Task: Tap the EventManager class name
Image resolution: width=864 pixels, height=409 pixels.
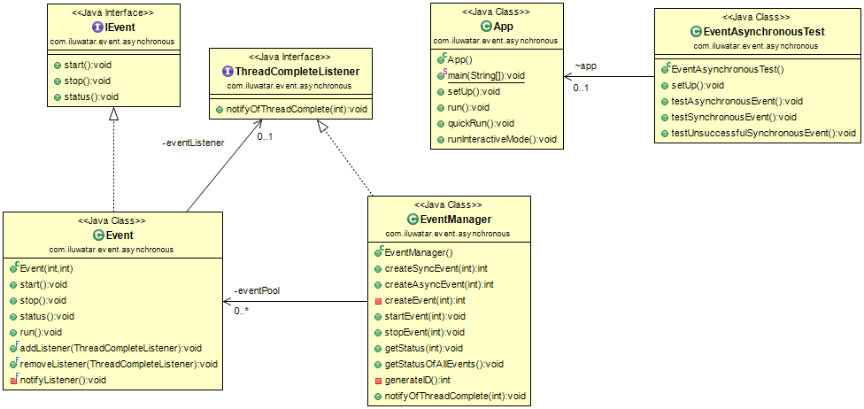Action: click(455, 219)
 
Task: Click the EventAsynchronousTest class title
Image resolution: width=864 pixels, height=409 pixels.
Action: click(764, 31)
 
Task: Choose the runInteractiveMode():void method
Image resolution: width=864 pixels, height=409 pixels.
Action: click(502, 139)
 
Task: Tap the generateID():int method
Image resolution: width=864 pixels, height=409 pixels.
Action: click(420, 380)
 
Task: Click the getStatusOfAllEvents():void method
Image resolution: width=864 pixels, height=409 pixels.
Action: click(444, 364)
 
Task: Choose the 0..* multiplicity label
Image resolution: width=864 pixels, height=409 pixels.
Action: click(243, 311)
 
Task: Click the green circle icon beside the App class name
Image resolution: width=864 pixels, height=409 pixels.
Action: click(486, 27)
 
